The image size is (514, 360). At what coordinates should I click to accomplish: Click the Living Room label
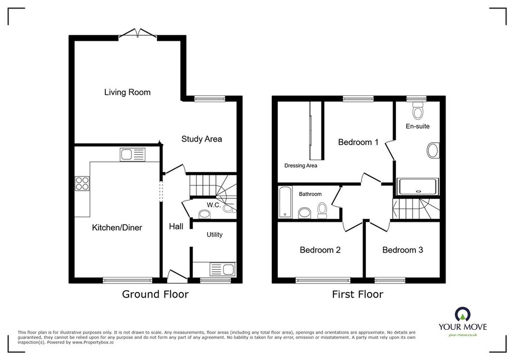pyautogui.click(x=127, y=92)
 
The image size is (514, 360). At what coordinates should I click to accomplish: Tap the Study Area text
pyautogui.click(x=202, y=139)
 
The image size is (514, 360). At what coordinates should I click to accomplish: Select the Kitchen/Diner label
pyautogui.click(x=117, y=227)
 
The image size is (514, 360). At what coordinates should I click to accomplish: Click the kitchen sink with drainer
pyautogui.click(x=133, y=154)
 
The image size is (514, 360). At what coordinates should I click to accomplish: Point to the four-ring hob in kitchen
pyautogui.click(x=82, y=183)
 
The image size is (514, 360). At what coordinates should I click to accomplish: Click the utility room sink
pyautogui.click(x=223, y=269)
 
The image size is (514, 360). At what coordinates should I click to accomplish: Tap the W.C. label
pyautogui.click(x=214, y=205)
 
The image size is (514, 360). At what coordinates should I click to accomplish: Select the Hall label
pyautogui.click(x=176, y=226)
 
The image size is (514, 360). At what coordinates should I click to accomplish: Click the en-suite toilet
pyautogui.click(x=417, y=110)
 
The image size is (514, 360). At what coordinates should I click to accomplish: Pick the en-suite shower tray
pyautogui.click(x=418, y=187)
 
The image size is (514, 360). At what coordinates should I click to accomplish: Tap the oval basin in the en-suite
pyautogui.click(x=433, y=150)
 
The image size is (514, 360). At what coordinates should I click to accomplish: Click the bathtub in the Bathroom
pyautogui.click(x=285, y=202)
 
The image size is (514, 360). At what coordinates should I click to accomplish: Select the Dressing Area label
pyautogui.click(x=301, y=166)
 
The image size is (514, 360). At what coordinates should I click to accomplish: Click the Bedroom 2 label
pyautogui.click(x=320, y=250)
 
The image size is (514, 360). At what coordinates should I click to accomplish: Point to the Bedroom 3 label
pyautogui.click(x=403, y=250)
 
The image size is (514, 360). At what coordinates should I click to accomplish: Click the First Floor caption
pyautogui.click(x=358, y=294)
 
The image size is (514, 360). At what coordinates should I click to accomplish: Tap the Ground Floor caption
pyautogui.click(x=155, y=294)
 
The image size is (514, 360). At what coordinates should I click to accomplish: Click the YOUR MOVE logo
pyautogui.click(x=463, y=322)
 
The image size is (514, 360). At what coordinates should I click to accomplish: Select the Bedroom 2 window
pyautogui.click(x=323, y=280)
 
